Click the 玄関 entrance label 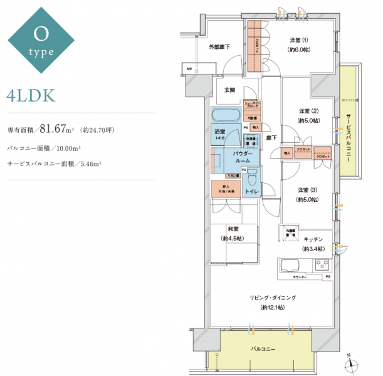coord(230,90)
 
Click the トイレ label coord(251,191)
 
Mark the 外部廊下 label coord(219,47)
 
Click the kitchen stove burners coord(322,263)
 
